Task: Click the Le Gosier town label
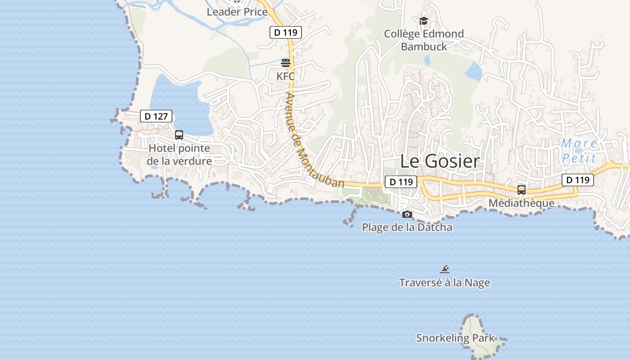pyautogui.click(x=440, y=161)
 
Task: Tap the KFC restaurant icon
pyautogui.click(x=286, y=63)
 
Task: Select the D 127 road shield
pyautogui.click(x=156, y=116)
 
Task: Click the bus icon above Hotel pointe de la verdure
pyautogui.click(x=179, y=135)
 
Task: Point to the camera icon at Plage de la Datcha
pyautogui.click(x=407, y=215)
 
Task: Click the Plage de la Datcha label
pyautogui.click(x=407, y=227)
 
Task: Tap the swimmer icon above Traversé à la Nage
pyautogui.click(x=445, y=270)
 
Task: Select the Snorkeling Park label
pyautogui.click(x=455, y=338)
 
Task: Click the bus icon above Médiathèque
pyautogui.click(x=522, y=190)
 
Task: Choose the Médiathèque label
pyautogui.click(x=522, y=203)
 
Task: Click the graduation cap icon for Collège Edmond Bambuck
pyautogui.click(x=423, y=21)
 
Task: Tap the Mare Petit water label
pyautogui.click(x=579, y=151)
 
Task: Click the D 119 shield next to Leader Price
pyautogui.click(x=285, y=32)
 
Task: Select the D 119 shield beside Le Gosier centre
pyautogui.click(x=401, y=182)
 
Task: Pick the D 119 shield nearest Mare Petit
pyautogui.click(x=578, y=180)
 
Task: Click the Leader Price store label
pyautogui.click(x=237, y=12)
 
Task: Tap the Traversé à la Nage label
pyautogui.click(x=445, y=283)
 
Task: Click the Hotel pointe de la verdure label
pyautogui.click(x=179, y=154)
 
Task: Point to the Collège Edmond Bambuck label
pyautogui.click(x=424, y=40)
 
